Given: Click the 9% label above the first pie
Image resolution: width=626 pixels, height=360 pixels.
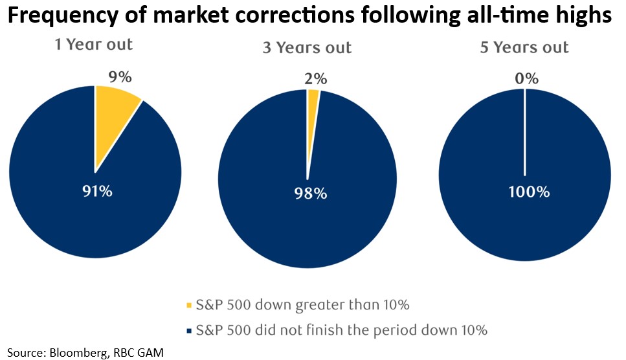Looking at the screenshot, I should pyautogui.click(x=120, y=77).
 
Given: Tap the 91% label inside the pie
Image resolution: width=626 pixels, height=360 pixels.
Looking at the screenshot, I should pyautogui.click(x=97, y=192).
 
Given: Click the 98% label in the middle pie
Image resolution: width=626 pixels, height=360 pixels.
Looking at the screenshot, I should pyautogui.click(x=309, y=193).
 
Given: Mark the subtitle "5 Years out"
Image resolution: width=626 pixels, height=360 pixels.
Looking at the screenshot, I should pyautogui.click(x=526, y=47).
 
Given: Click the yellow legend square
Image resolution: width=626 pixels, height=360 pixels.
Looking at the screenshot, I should pyautogui.click(x=190, y=305).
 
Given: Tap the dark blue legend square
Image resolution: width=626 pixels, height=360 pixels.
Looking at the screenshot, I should pyautogui.click(x=190, y=331).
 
